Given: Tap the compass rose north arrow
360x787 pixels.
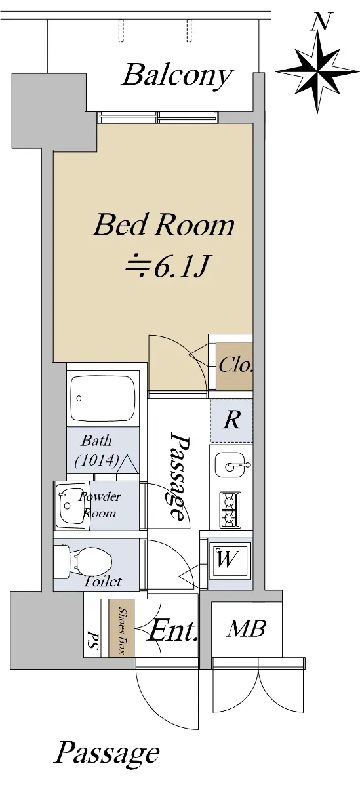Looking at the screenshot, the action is pos(318,71).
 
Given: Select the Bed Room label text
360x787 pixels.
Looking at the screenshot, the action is pos(164,225).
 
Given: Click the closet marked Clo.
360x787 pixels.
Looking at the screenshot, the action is pos(235,365).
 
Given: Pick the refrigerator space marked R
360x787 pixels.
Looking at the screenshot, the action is pos(231,420).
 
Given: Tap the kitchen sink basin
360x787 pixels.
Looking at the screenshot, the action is pos(230,465).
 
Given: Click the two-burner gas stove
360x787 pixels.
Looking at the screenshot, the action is pos(230,510).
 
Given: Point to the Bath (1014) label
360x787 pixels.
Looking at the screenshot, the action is pos(97,451).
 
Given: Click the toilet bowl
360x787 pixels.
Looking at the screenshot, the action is pos(85,560).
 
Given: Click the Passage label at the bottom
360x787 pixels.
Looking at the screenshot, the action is pos(107,752).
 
